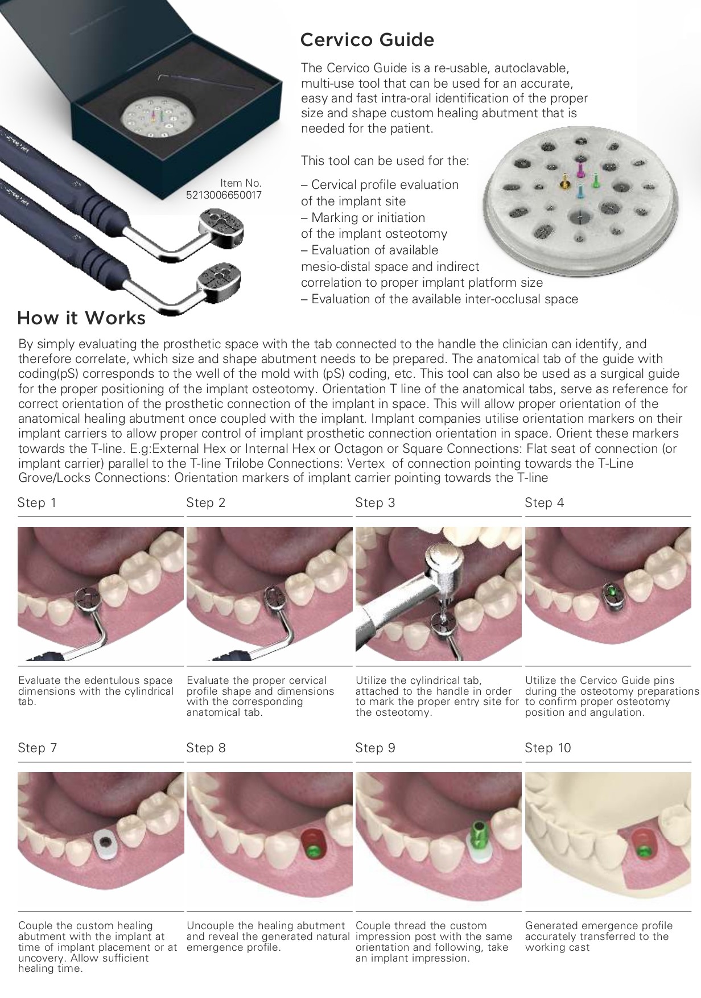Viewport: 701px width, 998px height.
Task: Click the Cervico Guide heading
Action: pos(367,40)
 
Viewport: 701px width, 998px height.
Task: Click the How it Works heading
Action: pos(81,317)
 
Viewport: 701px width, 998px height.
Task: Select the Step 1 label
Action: pos(37,502)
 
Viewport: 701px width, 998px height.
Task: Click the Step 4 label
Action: pos(545,502)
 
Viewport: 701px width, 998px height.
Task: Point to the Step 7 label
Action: pos(37,748)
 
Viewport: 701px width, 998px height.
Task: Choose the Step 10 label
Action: pos(547,748)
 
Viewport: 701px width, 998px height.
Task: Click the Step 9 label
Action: pos(375,748)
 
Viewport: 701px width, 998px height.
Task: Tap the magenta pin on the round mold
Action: pos(581,169)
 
